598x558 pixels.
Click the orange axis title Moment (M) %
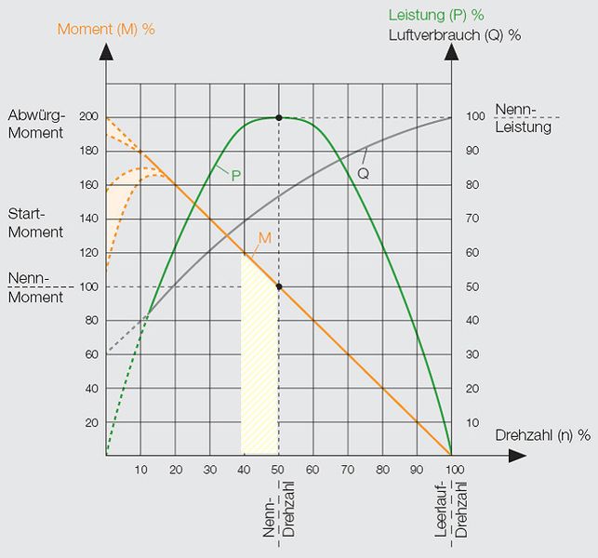106,29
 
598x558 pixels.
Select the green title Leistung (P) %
436,15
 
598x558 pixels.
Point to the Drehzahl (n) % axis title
543,434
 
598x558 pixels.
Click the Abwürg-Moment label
35,125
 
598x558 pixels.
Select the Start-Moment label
35,223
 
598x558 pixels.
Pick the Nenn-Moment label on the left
35,288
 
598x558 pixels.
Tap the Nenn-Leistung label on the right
523,118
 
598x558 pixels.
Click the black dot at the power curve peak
279,118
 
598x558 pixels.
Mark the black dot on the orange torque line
279,286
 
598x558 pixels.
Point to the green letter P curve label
236,174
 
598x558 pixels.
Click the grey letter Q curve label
363,173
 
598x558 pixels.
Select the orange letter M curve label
264,238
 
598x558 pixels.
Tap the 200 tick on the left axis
89,117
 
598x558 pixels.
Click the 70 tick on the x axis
347,470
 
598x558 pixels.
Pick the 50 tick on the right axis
472,286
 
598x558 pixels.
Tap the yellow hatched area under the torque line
260,372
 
